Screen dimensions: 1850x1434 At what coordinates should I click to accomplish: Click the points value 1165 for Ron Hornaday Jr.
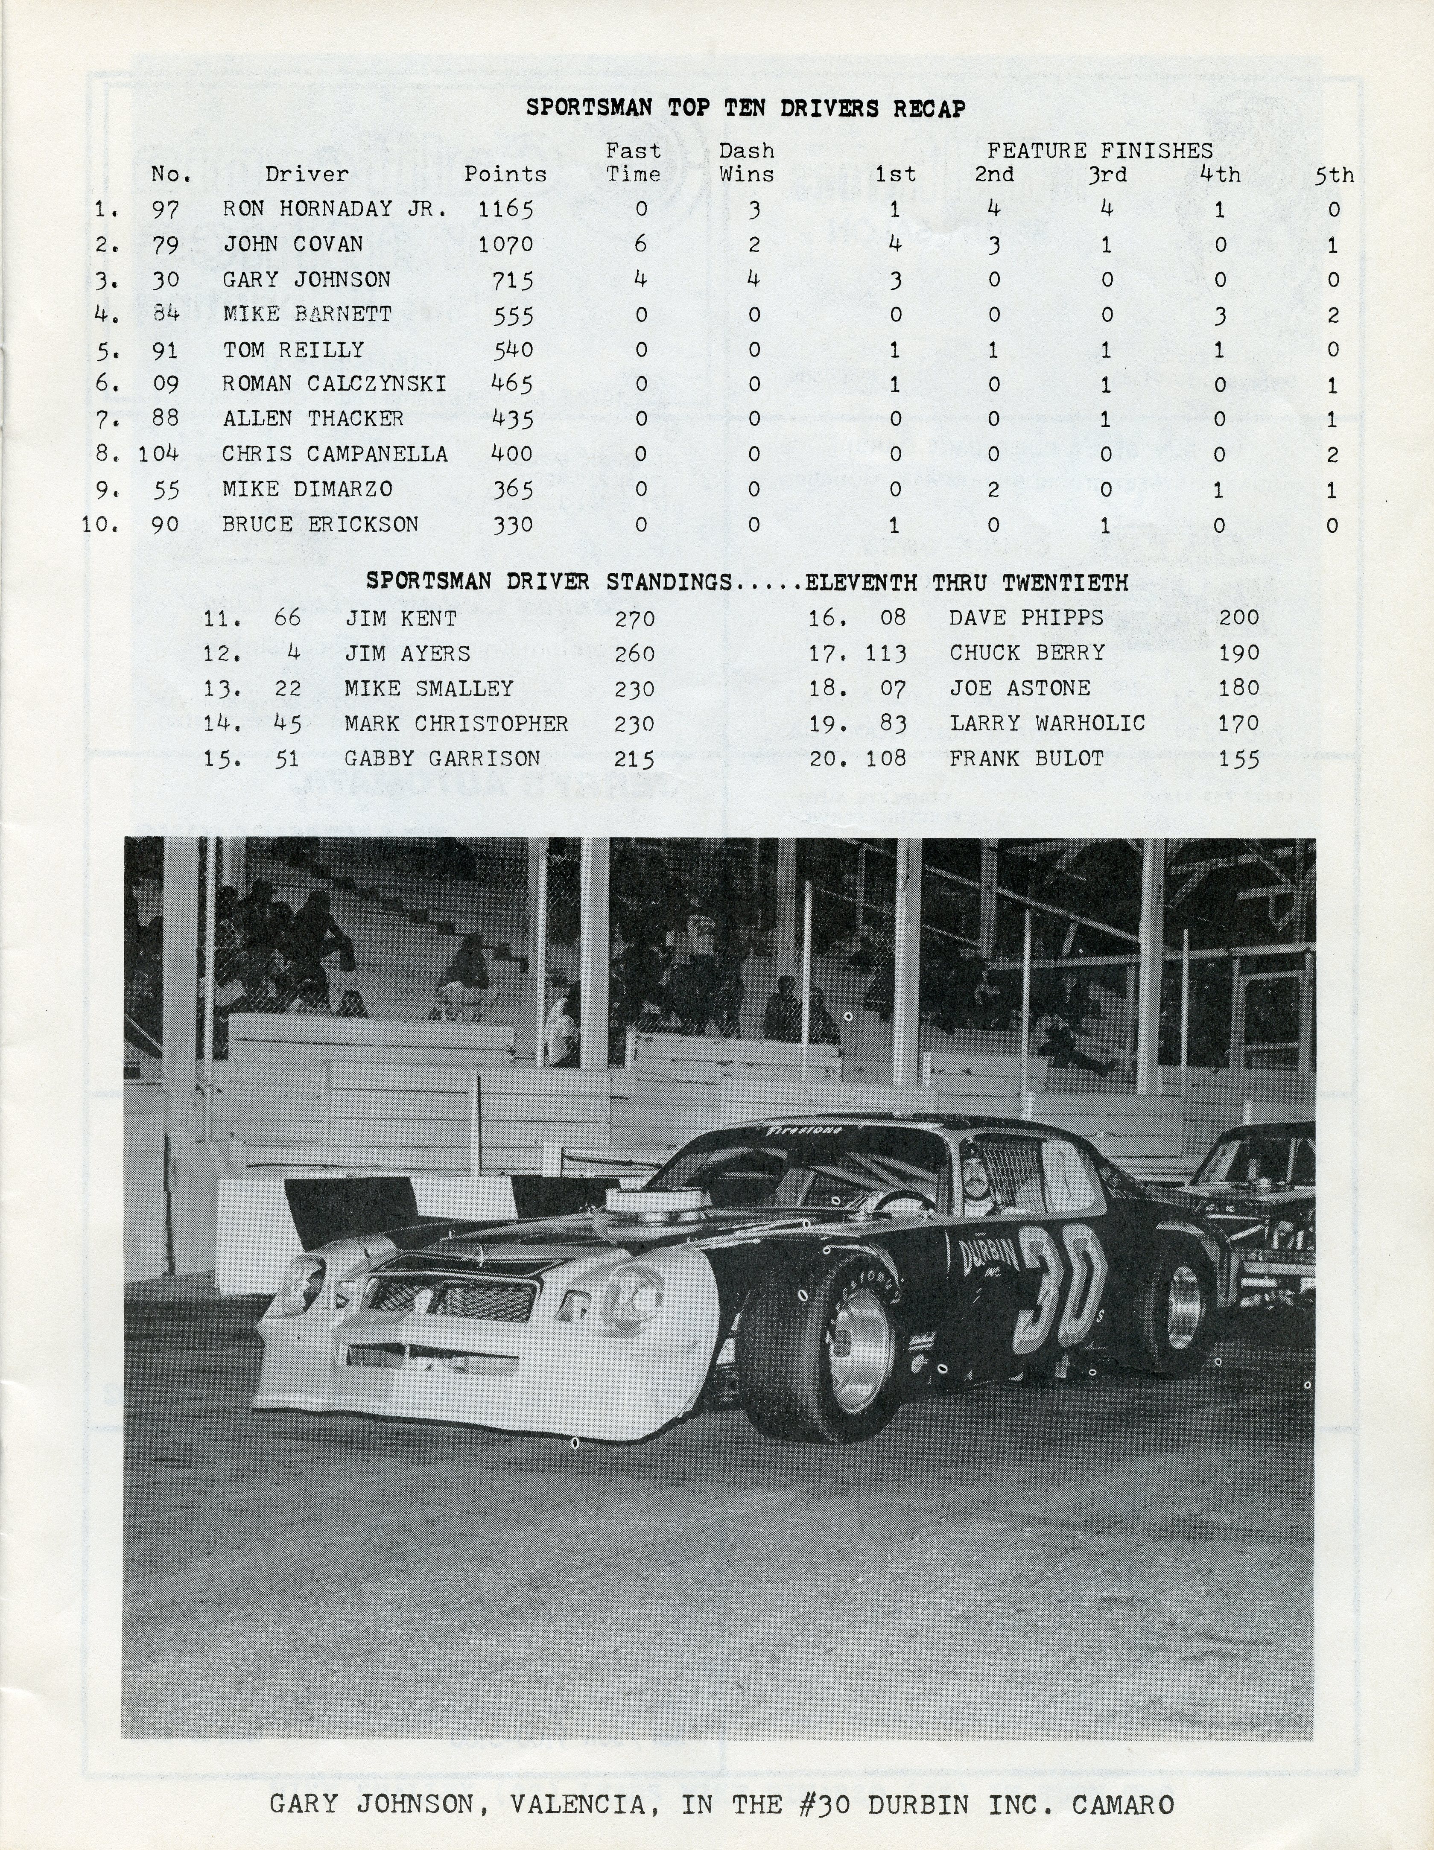click(505, 209)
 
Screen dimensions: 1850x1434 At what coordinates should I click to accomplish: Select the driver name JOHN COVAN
click(293, 245)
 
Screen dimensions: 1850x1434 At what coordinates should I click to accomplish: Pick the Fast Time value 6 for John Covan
click(640, 244)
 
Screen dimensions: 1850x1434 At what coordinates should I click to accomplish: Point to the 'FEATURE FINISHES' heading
click(1099, 151)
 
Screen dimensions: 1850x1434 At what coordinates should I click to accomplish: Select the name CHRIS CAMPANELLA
click(335, 454)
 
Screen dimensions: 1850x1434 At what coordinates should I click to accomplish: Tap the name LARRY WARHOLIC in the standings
click(1047, 724)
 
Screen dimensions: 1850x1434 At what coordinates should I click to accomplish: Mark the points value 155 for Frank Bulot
click(1238, 759)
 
